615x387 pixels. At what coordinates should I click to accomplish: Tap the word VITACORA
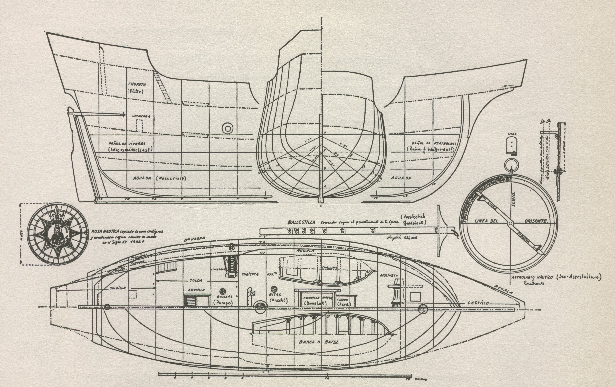141,116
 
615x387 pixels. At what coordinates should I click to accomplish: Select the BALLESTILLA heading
301,222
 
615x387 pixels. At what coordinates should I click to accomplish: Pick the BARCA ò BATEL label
319,342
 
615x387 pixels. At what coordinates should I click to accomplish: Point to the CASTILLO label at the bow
478,303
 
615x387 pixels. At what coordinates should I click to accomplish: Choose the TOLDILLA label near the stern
118,288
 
